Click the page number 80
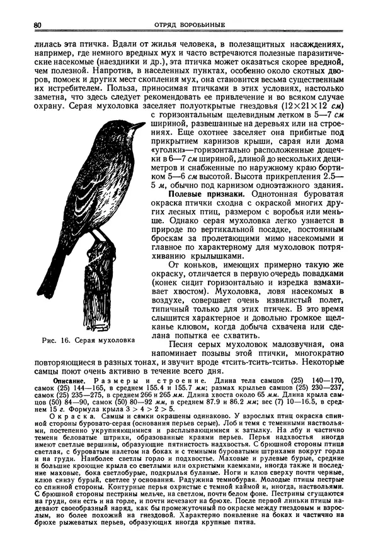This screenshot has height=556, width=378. coord(37,25)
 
